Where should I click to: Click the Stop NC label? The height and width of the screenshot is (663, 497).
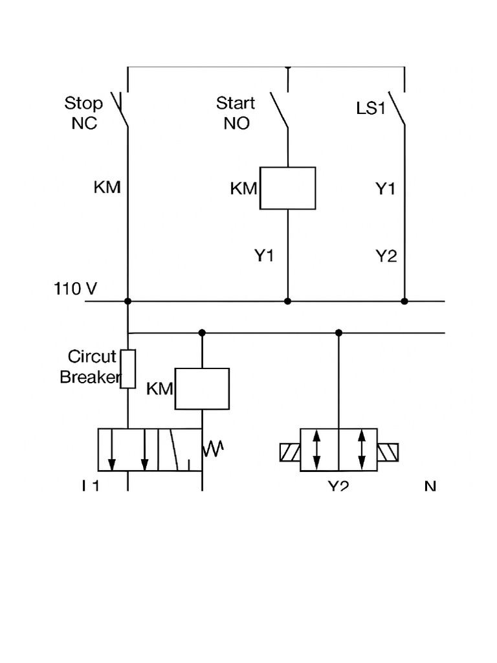83,113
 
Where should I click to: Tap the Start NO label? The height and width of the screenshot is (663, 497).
236,113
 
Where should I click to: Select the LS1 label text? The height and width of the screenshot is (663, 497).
371,108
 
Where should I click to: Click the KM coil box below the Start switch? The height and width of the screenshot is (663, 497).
287,188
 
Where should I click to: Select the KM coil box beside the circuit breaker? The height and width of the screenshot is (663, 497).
202,388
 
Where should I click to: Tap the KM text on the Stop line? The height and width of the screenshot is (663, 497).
107,188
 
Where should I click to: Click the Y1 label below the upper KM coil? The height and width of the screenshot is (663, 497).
263,256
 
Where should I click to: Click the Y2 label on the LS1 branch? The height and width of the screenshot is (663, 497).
386,256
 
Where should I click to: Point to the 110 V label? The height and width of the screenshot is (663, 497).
75,289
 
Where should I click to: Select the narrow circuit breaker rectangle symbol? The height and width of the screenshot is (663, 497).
128,368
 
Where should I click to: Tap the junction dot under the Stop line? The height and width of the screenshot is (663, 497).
128,301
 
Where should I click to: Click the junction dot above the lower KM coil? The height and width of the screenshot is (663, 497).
202,333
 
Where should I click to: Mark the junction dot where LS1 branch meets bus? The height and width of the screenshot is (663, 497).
404,301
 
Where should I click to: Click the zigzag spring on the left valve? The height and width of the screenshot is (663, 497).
214,449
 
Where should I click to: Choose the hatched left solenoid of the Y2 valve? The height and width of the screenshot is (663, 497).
289,451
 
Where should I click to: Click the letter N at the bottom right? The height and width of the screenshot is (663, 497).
430,486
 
